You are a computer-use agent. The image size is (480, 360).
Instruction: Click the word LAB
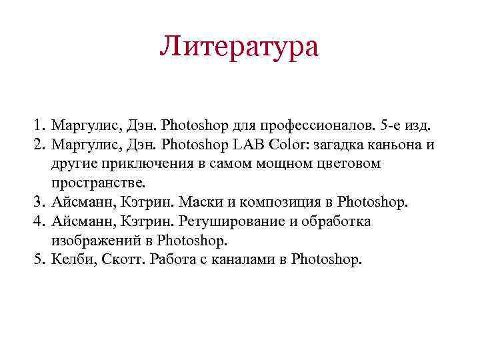coord(247,144)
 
